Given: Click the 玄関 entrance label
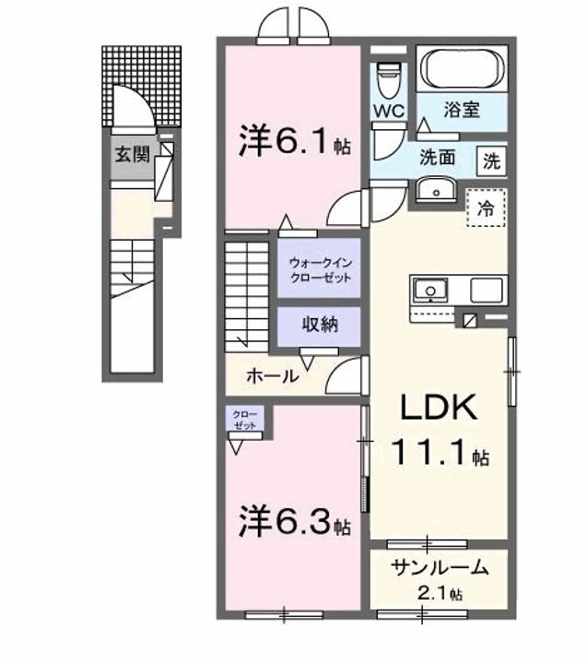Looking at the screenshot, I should [x=132, y=154].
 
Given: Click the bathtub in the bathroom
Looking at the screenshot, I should [x=462, y=69].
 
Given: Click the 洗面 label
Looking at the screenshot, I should [x=439, y=157].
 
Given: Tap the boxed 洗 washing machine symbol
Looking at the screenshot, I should [x=492, y=160].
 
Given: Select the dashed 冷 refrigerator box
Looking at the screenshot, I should [x=485, y=207].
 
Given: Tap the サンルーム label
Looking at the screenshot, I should [x=438, y=567].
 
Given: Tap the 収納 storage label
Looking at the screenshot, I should [x=319, y=324].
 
